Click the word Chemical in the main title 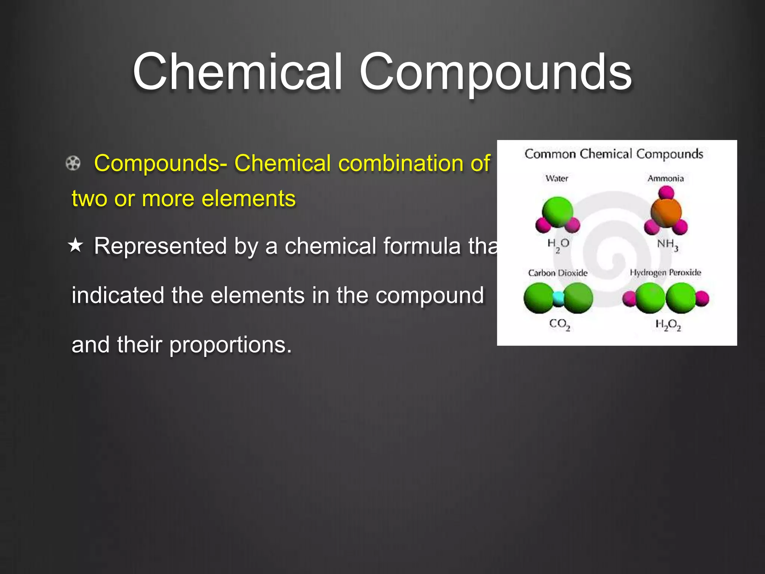click(x=238, y=72)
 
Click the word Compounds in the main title click(x=495, y=72)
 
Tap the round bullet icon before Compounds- click(x=73, y=163)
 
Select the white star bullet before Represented click(x=75, y=246)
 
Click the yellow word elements click(x=248, y=198)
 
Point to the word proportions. click(x=230, y=345)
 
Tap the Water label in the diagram click(x=557, y=178)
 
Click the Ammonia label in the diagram click(x=666, y=178)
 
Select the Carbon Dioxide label click(x=558, y=273)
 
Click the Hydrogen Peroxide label click(x=666, y=272)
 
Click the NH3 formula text click(x=667, y=244)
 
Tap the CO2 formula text click(x=559, y=324)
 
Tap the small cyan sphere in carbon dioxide click(x=558, y=298)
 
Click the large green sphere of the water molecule click(x=557, y=212)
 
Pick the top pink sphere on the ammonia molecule click(x=666, y=193)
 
